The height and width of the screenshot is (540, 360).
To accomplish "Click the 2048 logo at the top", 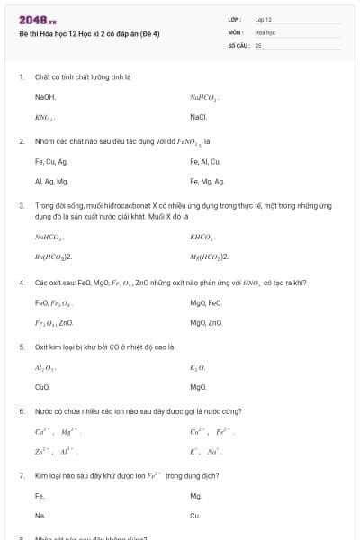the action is click(x=37, y=20).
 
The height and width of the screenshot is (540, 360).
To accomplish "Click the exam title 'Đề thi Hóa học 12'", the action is click(x=89, y=34).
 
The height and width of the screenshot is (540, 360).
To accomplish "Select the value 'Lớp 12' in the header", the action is click(x=263, y=19).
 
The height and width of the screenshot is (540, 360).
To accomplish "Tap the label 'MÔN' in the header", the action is click(x=235, y=31).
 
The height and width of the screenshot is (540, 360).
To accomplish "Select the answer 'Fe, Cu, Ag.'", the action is click(x=51, y=162).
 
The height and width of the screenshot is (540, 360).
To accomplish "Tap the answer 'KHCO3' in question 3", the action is click(x=202, y=237).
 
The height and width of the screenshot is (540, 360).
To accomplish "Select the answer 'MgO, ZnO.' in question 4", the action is click(x=206, y=322).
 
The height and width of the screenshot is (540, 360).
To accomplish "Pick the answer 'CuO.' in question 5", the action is click(x=42, y=387).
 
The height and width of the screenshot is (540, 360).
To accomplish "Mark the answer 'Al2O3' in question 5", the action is click(x=46, y=367).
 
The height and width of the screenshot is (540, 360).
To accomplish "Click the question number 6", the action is click(x=22, y=411).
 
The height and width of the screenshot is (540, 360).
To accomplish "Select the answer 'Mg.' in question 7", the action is click(x=196, y=496).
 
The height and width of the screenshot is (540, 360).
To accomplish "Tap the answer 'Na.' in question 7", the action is click(x=40, y=516).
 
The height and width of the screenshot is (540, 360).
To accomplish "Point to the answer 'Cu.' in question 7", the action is click(x=195, y=516).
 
